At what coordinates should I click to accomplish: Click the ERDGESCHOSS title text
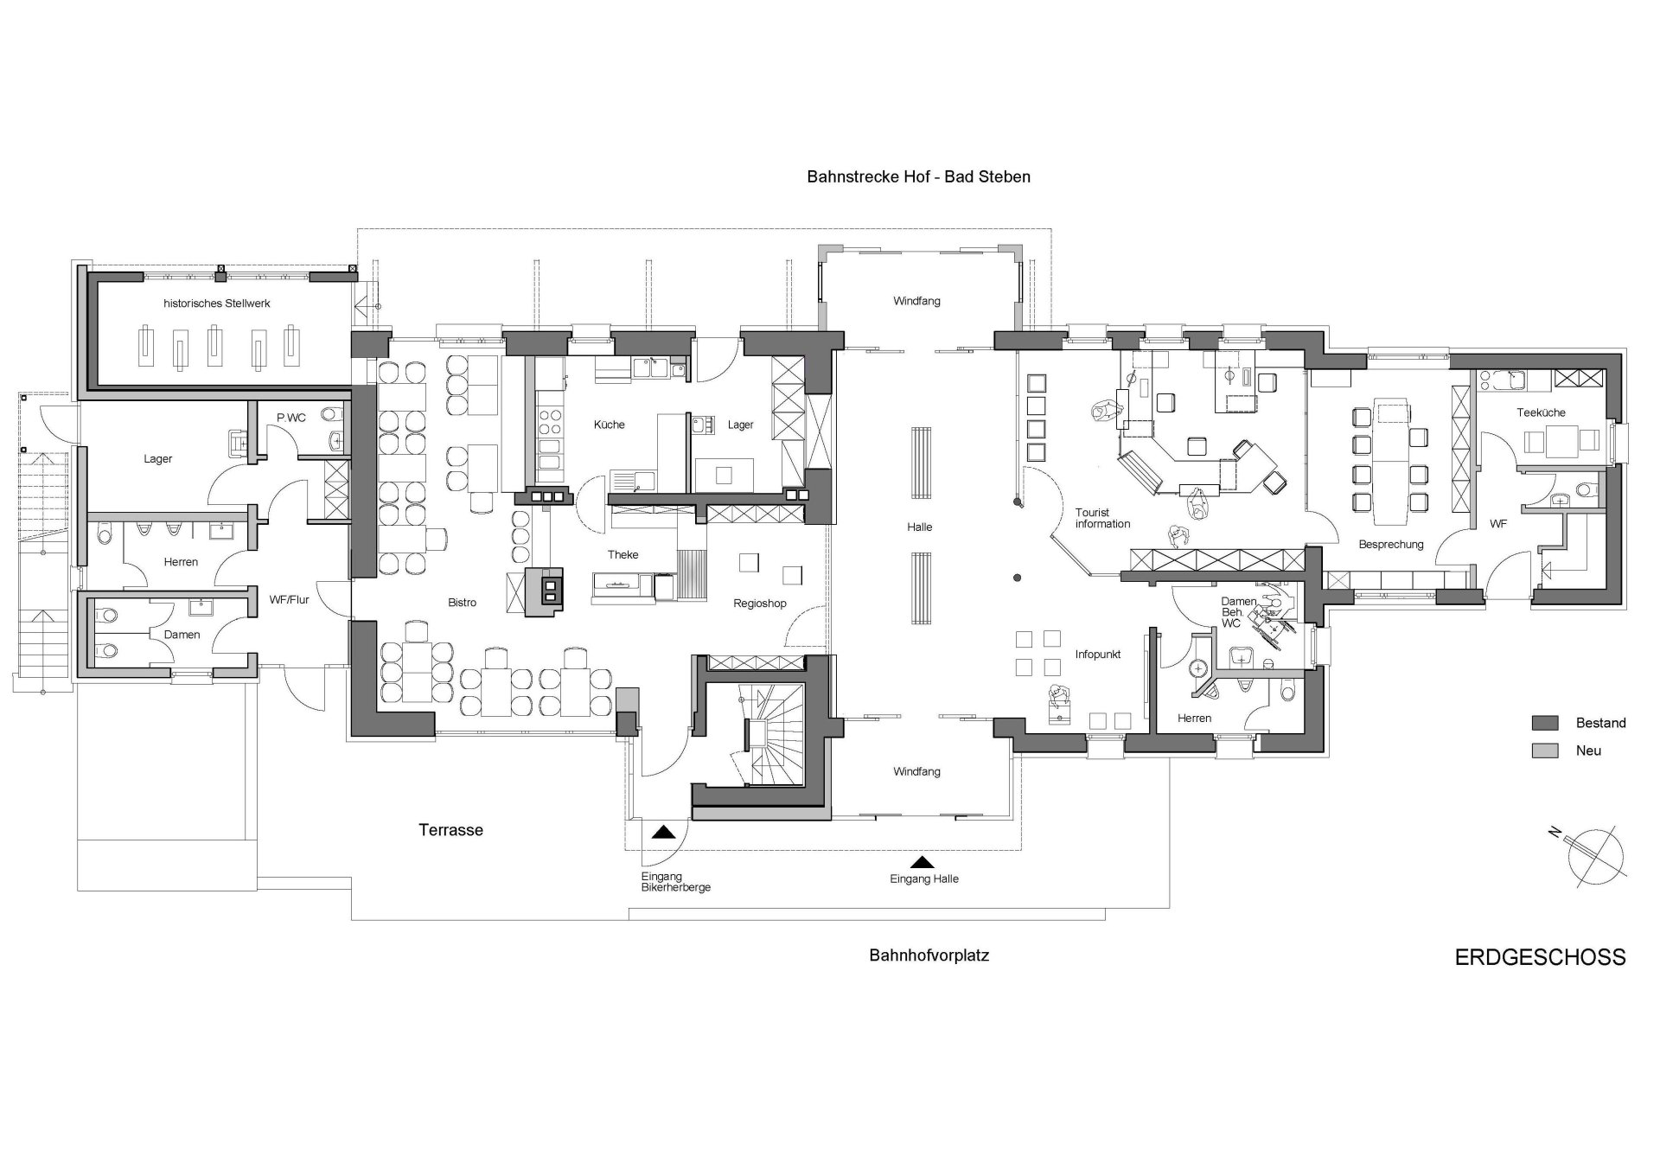point(1540,957)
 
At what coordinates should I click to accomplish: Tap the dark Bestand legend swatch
point(1544,723)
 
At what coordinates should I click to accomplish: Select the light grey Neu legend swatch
point(1544,751)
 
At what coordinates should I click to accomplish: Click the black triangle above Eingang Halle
point(923,862)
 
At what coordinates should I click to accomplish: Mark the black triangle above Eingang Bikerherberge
point(663,833)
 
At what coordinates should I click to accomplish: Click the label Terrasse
point(450,830)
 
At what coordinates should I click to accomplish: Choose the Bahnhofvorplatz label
point(929,955)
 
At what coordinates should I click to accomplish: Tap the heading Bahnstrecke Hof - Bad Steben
point(918,177)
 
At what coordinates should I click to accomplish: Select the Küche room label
point(609,425)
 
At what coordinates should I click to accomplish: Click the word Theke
point(622,554)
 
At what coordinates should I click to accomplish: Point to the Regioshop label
point(759,604)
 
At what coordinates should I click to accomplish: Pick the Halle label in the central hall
point(920,527)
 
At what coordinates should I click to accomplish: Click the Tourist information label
point(1102,518)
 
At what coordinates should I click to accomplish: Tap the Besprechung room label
point(1390,545)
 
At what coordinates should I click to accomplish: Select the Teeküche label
point(1541,412)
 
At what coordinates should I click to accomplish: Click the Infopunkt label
point(1098,655)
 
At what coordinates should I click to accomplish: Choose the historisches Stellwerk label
point(217,303)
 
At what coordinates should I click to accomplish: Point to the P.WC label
point(290,418)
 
